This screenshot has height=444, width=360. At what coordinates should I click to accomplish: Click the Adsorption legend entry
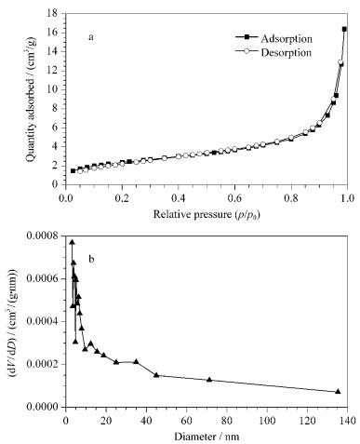(273, 38)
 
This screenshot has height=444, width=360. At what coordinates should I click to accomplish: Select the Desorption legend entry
(273, 52)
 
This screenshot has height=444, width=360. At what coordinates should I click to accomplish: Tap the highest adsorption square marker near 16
(344, 29)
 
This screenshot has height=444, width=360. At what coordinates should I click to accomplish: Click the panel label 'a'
(91, 37)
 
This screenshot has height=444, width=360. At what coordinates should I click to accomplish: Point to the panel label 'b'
(91, 258)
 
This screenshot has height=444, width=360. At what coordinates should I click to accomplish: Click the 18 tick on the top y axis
(55, 13)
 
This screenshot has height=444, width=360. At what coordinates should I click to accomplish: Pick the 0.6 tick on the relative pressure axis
(234, 197)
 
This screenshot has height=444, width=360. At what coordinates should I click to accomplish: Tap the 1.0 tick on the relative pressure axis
(347, 197)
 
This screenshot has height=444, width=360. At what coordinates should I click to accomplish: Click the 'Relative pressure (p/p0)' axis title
(207, 214)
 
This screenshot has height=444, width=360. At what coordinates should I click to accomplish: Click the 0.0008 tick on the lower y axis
(45, 235)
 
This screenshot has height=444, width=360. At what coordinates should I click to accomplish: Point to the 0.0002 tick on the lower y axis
(45, 364)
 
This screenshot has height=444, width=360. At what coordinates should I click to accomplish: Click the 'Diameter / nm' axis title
(207, 437)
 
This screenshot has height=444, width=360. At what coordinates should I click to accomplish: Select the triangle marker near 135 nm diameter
(338, 391)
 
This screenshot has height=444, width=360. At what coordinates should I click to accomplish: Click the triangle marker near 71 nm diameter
(209, 380)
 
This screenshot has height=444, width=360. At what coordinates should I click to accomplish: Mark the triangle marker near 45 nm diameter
(156, 375)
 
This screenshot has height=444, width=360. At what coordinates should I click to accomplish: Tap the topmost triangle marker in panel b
(72, 242)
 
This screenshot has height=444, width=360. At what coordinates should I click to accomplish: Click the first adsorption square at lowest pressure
(73, 170)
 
